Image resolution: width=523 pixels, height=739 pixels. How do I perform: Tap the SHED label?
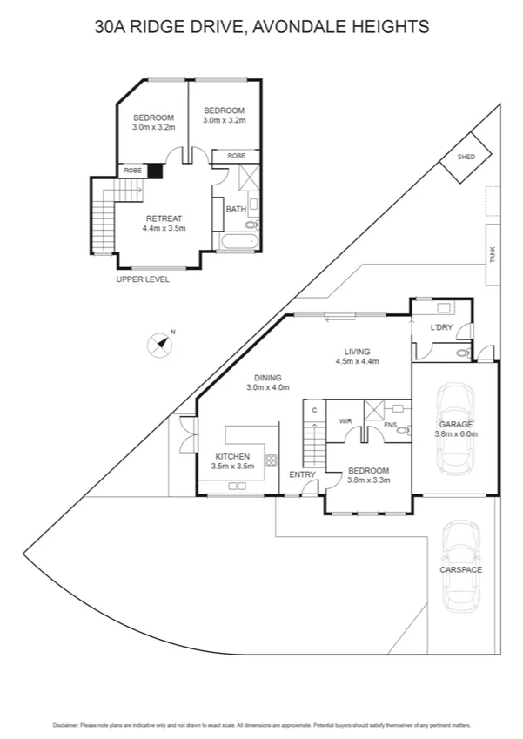coord(466,157)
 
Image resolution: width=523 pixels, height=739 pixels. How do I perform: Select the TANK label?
coord(492,254)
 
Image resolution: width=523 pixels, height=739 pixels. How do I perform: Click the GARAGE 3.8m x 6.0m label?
coord(456,428)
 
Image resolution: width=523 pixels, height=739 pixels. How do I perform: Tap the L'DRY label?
coord(441,327)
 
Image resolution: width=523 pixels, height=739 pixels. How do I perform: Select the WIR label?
coord(345,421)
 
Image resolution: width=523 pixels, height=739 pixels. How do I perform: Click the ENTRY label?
coord(302,474)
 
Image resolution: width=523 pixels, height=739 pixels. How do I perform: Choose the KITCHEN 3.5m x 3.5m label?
coord(232,461)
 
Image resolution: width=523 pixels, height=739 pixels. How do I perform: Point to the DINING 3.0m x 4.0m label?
coord(267,382)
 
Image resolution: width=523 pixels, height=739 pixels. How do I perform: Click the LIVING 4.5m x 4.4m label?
coord(357,355)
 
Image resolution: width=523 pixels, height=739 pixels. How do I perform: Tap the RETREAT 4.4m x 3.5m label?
coord(164,223)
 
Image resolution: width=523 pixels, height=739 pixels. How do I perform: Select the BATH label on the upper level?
coord(235,209)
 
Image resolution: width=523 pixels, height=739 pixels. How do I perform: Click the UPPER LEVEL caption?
coord(143,279)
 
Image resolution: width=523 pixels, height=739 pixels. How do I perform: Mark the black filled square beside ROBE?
coord(154,171)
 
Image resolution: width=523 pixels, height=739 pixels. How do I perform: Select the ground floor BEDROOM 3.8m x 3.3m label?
coord(368,474)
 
